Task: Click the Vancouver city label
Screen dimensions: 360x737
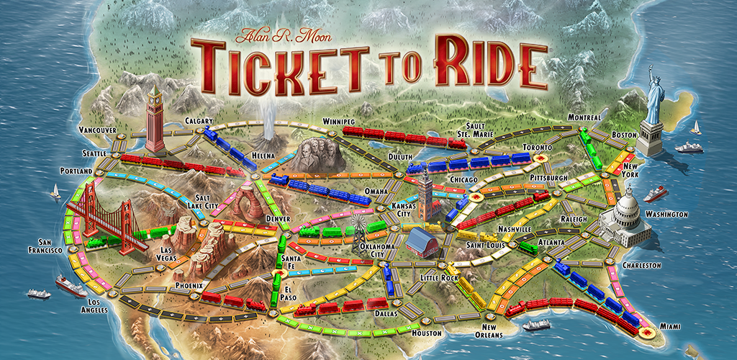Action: pos(97,130)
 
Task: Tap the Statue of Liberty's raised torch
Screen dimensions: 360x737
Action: pos(650,70)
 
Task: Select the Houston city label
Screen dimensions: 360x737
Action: pos(427,333)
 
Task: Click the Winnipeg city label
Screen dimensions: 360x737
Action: pos(340,121)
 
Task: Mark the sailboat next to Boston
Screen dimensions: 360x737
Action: pos(695,129)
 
